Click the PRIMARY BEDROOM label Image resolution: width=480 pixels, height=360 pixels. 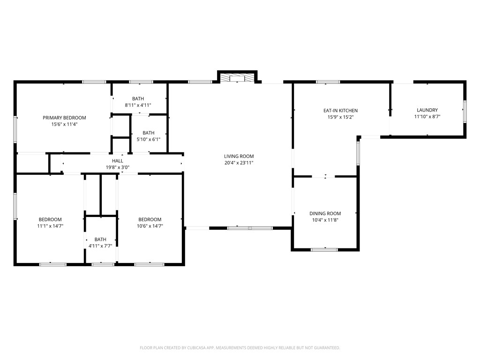pyautogui.click(x=64, y=118)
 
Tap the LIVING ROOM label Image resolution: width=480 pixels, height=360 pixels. pyautogui.click(x=239, y=157)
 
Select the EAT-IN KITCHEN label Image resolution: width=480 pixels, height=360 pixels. pyautogui.click(x=340, y=111)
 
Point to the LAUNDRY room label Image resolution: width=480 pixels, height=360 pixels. pyautogui.click(x=427, y=110)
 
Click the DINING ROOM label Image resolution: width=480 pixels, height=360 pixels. pyautogui.click(x=325, y=214)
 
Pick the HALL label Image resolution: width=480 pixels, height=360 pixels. pyautogui.click(x=118, y=161)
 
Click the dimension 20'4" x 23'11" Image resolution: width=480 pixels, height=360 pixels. pyautogui.click(x=239, y=163)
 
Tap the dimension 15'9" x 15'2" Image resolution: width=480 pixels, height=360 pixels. pyautogui.click(x=340, y=117)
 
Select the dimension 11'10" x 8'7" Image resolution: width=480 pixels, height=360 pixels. pyautogui.click(x=427, y=116)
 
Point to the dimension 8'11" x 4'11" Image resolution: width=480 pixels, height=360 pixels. pyautogui.click(x=138, y=105)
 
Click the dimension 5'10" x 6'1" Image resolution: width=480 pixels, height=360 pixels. pyautogui.click(x=149, y=139)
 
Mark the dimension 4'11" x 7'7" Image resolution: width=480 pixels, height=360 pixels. pyautogui.click(x=100, y=246)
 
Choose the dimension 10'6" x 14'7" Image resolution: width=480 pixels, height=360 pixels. pyautogui.click(x=150, y=226)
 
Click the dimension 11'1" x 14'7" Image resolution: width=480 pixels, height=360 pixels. pyautogui.click(x=50, y=226)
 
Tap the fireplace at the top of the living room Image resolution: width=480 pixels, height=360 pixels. pyautogui.click(x=238, y=77)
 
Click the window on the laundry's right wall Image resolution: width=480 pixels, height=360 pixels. pyautogui.click(x=465, y=112)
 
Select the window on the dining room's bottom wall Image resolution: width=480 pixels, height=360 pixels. pyautogui.click(x=324, y=250)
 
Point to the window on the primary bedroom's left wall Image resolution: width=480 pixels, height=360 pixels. pyautogui.click(x=15, y=129)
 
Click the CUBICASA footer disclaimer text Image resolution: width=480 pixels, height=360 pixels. pyautogui.click(x=240, y=348)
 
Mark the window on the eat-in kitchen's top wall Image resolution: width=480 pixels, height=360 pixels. pyautogui.click(x=328, y=82)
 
